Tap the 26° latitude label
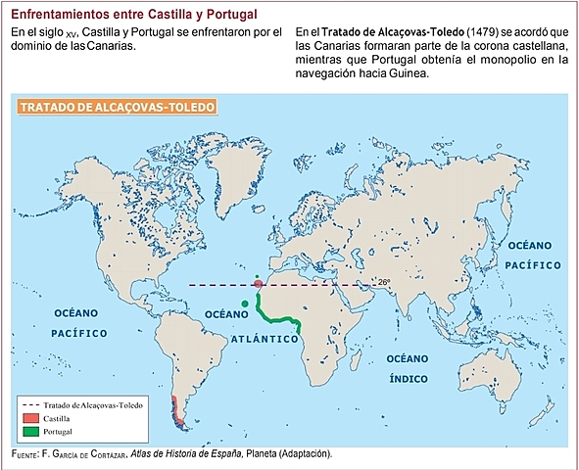384,282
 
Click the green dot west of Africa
244,303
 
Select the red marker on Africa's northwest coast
258,284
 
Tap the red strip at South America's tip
174,411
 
